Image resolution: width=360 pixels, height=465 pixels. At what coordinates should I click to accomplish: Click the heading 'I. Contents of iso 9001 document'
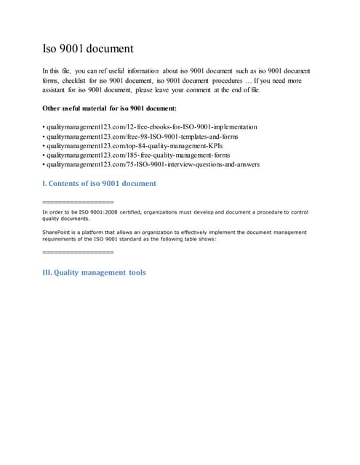(100, 183)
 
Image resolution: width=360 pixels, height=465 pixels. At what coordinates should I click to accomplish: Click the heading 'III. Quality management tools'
(95, 272)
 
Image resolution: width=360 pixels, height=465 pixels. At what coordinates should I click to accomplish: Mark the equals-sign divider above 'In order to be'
(79, 201)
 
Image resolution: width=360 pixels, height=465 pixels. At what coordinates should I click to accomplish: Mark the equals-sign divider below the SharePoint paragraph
(79, 251)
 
